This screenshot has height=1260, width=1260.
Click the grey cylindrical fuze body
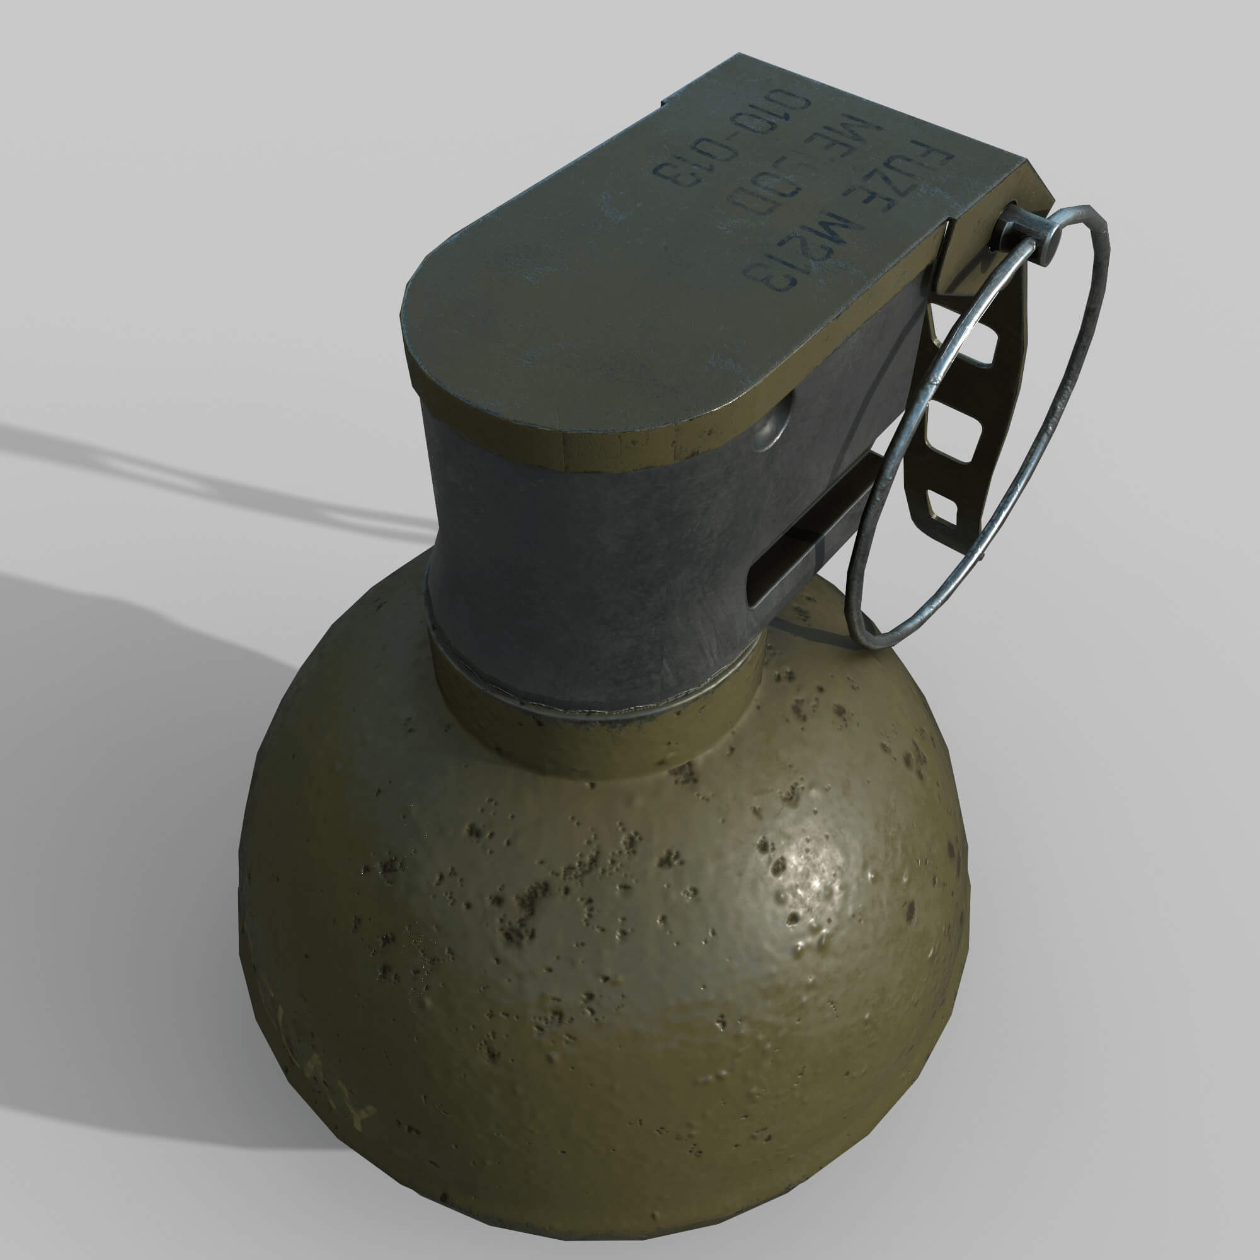[x=587, y=574]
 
